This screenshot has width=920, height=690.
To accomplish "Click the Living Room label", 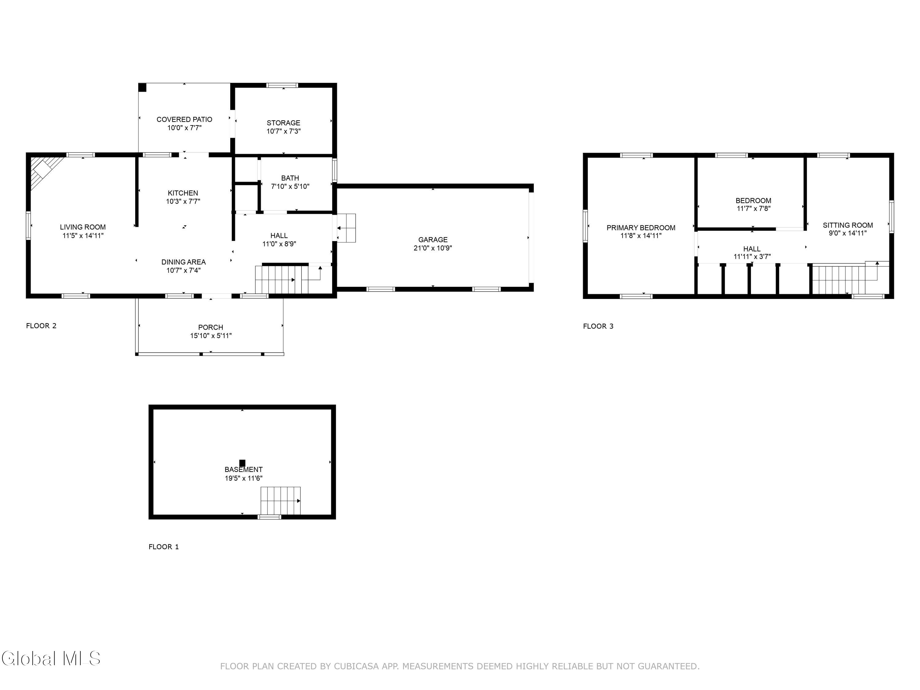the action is coord(83,227).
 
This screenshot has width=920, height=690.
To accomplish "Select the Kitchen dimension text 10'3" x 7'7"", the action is coord(183,201).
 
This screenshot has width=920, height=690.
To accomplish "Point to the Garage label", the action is coord(433,240).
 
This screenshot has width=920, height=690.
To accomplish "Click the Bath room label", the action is coord(290,178).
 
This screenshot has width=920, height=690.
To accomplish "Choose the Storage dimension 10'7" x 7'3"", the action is coord(284,131).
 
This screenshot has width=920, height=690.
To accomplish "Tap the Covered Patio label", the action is coord(184,119).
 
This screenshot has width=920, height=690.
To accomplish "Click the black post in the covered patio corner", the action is coord(142,88).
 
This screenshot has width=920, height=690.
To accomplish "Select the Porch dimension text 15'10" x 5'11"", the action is coord(211,335).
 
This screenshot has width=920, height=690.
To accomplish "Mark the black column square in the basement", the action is coord(242,463).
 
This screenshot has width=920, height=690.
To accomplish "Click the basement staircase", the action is coord(280,500).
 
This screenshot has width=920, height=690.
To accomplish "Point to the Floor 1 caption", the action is coord(164,546).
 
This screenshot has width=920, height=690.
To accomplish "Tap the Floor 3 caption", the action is coord(598,326).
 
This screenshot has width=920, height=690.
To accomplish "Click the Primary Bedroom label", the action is coord(641,228).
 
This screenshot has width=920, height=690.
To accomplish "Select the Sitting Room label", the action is coord(848,225).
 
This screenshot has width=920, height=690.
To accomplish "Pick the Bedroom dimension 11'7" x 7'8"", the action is coord(753,208).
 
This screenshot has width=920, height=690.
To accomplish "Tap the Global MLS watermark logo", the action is coord(51,658).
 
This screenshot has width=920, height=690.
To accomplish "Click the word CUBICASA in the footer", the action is coord(356,666).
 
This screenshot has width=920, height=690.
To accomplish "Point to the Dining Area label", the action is coord(183,262).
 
